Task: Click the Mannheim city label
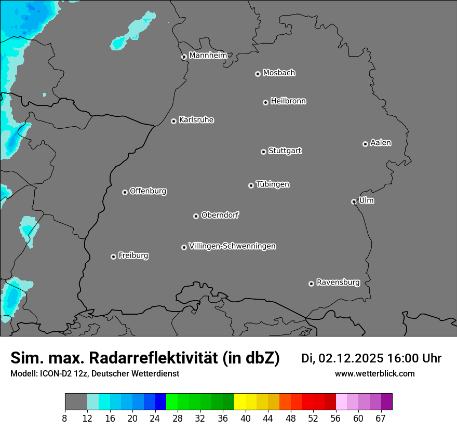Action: [208, 56]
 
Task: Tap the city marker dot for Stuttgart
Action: [263, 152]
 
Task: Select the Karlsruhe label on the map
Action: [196, 120]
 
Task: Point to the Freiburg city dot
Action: [113, 257]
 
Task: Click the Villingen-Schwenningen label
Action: [232, 246]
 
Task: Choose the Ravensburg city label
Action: [338, 282]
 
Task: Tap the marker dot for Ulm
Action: [354, 201]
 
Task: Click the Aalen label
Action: [381, 143]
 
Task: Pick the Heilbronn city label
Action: [288, 101]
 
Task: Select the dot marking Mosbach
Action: [258, 74]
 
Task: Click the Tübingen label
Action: [273, 184]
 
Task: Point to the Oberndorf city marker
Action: [196, 216]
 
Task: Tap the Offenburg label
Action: [148, 191]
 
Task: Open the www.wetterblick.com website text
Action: [374, 373]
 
